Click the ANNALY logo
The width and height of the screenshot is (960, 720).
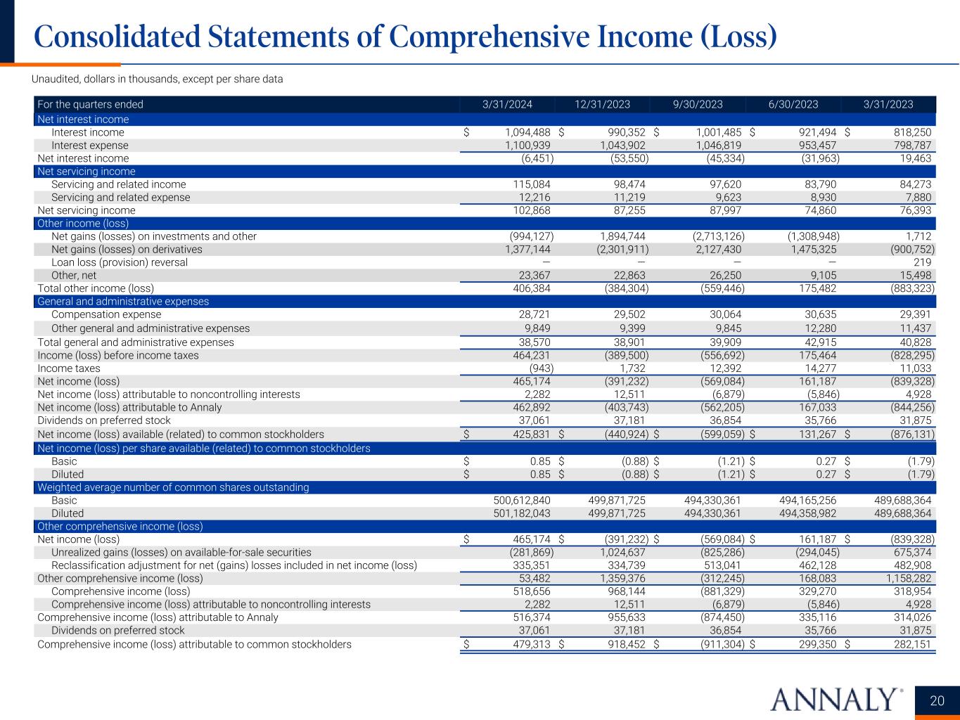(x=836, y=700)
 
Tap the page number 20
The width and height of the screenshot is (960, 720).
(x=937, y=700)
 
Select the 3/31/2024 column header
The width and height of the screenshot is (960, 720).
(x=507, y=105)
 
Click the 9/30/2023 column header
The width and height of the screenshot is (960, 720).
(x=698, y=105)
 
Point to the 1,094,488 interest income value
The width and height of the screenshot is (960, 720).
(x=527, y=132)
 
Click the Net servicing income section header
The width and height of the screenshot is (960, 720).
(x=87, y=172)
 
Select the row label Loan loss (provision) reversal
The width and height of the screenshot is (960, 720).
(x=120, y=262)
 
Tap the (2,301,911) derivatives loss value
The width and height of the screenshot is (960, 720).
(x=617, y=250)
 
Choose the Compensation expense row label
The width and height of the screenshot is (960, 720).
(x=106, y=315)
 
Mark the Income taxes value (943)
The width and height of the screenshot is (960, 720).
(x=541, y=368)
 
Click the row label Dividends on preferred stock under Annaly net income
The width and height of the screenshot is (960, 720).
(x=104, y=420)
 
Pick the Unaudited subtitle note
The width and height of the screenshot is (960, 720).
(x=158, y=79)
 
